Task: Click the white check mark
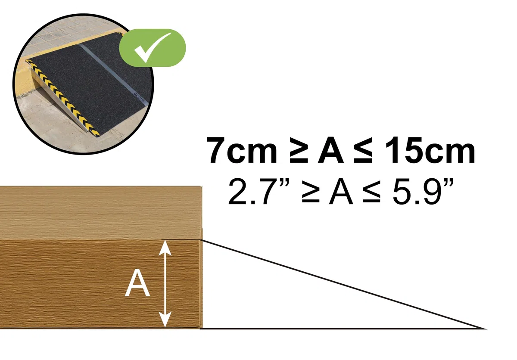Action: [151, 48]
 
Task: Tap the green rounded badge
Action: [153, 48]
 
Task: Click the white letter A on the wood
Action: [137, 283]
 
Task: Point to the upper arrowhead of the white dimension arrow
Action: [165, 248]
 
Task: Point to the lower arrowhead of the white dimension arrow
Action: [165, 320]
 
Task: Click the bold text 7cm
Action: [241, 150]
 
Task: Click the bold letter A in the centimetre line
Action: [330, 150]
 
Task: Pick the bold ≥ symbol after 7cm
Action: [299, 150]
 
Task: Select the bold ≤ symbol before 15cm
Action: [363, 150]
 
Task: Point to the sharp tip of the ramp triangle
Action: [486, 329]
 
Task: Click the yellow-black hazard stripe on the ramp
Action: [63, 98]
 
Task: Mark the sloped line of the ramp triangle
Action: [343, 284]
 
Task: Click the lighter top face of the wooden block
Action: [101, 213]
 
